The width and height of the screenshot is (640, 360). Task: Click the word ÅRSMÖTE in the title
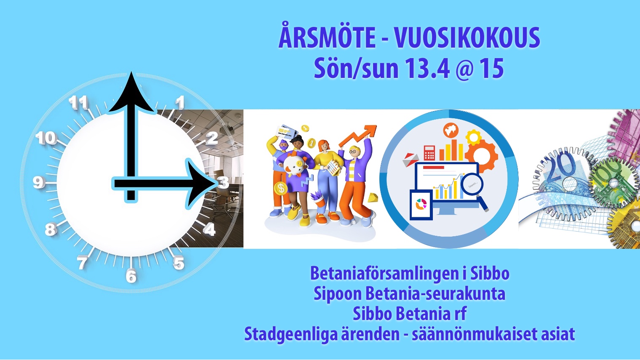pyautogui.click(x=327, y=37)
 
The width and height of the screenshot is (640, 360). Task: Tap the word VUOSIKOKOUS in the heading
pyautogui.click(x=467, y=38)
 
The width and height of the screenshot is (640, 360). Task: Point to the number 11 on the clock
pyautogui.click(x=78, y=102)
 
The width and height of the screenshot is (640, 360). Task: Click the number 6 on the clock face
pyautogui.click(x=131, y=276)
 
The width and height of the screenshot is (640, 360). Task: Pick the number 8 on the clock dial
pyautogui.click(x=51, y=229)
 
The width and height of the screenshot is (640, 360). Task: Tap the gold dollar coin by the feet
pyautogui.click(x=280, y=189)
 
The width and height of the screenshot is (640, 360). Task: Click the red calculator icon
pyautogui.click(x=429, y=153)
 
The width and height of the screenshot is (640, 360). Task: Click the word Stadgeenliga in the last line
pyautogui.click(x=291, y=334)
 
